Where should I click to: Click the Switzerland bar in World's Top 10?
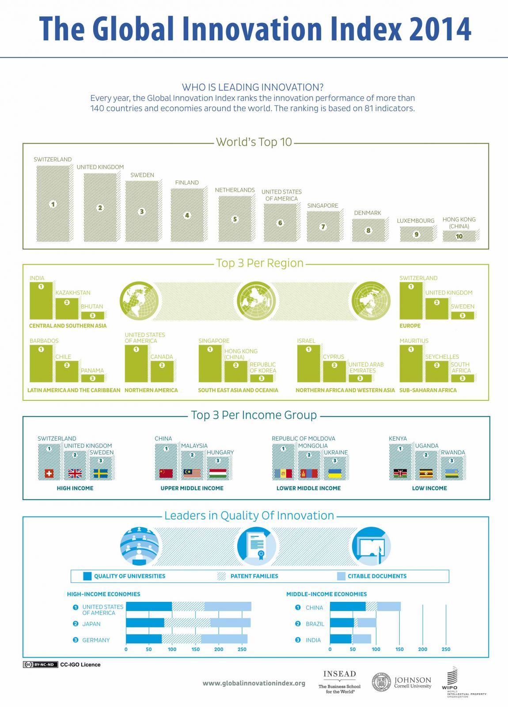[53, 204]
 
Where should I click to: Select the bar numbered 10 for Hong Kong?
[460, 236]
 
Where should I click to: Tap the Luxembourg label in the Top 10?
[415, 220]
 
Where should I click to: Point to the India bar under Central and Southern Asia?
[41, 300]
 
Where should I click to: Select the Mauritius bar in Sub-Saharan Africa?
[411, 363]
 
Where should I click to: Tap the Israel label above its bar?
[306, 341]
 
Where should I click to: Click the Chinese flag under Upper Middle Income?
[166, 474]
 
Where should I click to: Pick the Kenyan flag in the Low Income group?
[400, 474]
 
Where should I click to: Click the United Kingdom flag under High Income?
[75, 474]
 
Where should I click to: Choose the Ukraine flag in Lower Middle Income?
[335, 474]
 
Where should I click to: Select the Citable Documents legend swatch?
[341, 576]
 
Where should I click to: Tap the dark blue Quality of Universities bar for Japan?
[145, 623]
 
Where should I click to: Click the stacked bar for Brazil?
[353, 623]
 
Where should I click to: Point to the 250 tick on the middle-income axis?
[446, 649]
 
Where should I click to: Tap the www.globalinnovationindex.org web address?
[254, 683]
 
